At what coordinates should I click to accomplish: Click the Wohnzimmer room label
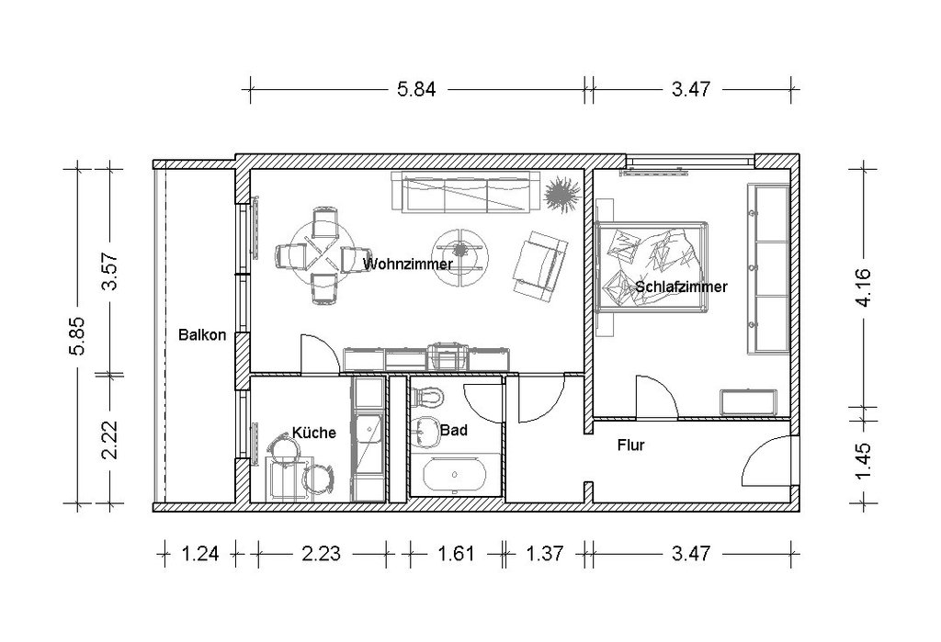407,264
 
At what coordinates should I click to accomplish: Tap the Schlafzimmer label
681,287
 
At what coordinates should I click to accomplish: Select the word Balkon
202,335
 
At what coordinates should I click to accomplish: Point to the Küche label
314,433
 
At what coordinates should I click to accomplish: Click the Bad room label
454,430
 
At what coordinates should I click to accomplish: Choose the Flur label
630,445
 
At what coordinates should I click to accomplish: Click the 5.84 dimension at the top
416,89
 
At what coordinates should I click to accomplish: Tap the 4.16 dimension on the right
864,287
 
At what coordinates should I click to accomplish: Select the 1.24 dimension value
199,553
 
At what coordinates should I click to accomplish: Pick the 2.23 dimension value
321,553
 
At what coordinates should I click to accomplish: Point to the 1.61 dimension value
456,553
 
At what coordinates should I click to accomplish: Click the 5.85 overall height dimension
79,336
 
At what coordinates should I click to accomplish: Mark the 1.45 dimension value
864,461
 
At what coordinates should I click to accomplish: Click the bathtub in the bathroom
454,475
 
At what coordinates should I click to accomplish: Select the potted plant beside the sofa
562,194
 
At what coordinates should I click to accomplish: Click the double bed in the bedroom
652,266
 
